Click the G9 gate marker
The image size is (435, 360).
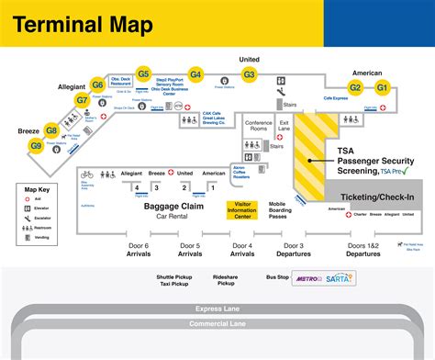point(36,145)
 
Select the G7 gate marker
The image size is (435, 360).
point(82,99)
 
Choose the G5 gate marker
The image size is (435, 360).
point(143,73)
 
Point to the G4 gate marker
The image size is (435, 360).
point(195,73)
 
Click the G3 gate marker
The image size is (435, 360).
point(249,73)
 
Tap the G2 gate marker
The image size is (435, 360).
point(355,87)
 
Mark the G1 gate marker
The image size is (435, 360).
point(383,87)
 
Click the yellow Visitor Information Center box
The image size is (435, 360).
point(245,211)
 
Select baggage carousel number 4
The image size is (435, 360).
point(136,187)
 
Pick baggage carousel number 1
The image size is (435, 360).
point(212,187)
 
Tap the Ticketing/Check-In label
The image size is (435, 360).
point(376,197)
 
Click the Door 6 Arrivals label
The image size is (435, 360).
point(139,250)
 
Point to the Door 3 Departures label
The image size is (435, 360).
point(295,250)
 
